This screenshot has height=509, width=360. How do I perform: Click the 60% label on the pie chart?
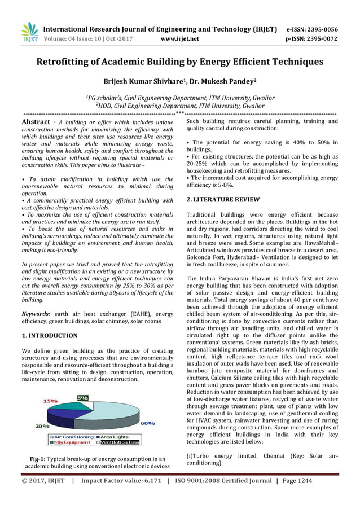point(148,423)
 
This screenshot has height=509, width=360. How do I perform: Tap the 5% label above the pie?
point(83,398)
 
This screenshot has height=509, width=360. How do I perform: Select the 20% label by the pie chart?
point(43,427)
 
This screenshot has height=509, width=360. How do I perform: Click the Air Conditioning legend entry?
point(74,437)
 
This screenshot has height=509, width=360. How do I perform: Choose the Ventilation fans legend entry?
point(122,442)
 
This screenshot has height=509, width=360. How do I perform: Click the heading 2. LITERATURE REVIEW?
point(223,199)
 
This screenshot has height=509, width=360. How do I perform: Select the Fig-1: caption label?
point(41,459)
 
